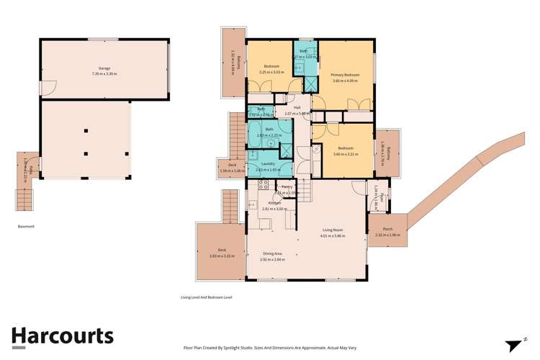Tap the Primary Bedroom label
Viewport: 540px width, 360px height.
346,75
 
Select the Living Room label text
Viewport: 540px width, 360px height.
333,230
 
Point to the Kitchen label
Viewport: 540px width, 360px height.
274,203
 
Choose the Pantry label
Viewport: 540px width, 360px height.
287,187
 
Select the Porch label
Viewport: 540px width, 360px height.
387,230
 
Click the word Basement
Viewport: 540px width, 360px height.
26,226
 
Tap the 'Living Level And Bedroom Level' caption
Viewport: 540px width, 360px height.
206,297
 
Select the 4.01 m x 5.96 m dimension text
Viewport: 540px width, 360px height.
333,236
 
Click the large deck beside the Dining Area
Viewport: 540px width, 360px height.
218,251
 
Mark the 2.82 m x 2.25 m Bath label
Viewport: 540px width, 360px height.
269,130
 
